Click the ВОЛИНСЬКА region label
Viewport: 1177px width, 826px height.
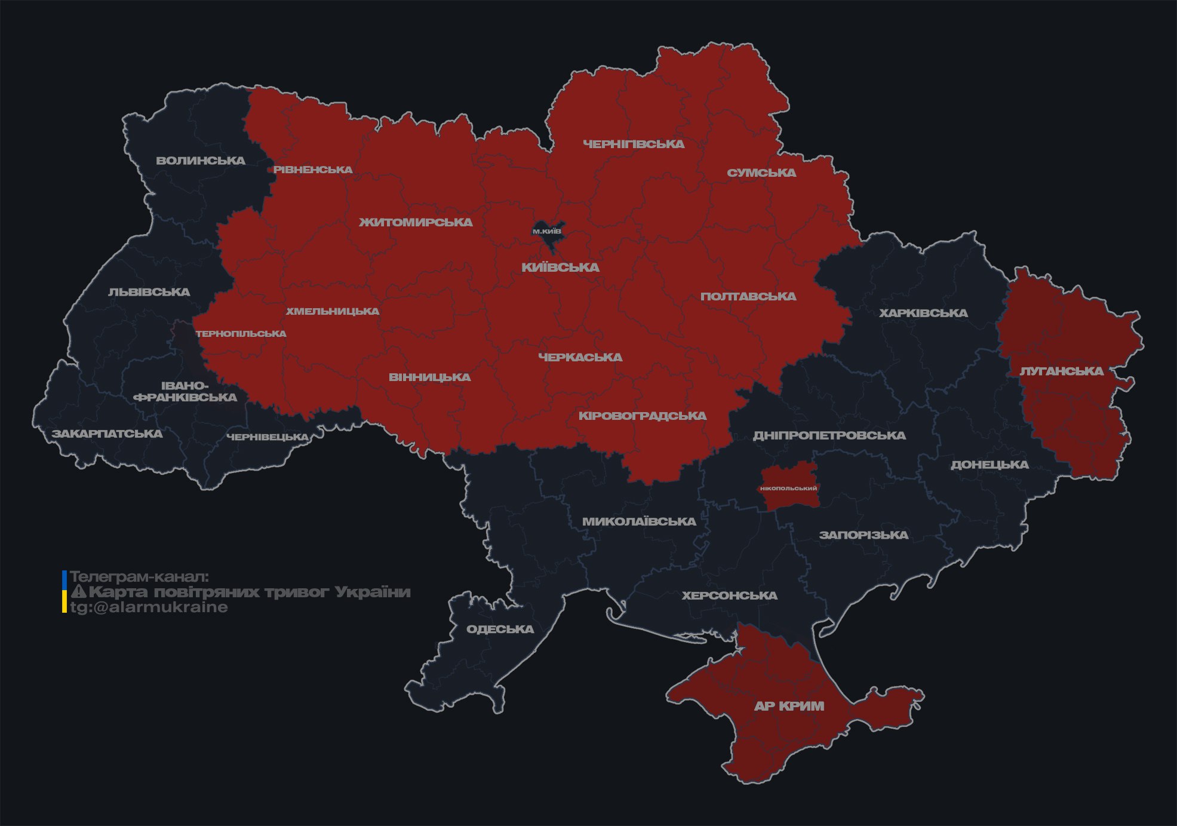click(x=201, y=161)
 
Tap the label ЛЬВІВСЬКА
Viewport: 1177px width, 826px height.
click(x=149, y=292)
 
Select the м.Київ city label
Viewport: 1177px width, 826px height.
click(x=547, y=231)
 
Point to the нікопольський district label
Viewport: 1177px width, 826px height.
click(x=788, y=489)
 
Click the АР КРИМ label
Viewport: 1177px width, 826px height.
click(x=789, y=706)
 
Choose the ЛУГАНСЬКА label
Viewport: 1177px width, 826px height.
click(x=1061, y=371)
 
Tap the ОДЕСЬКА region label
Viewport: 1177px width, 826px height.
click(x=500, y=630)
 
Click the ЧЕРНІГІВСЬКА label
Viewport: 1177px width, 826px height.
click(x=634, y=144)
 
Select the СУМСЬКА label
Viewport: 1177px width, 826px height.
click(x=761, y=173)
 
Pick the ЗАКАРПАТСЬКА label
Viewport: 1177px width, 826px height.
click(x=107, y=434)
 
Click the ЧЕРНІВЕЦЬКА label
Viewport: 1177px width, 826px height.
click(x=268, y=437)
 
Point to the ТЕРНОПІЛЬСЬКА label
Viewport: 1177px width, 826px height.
click(x=241, y=334)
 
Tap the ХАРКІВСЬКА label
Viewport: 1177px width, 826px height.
click(x=923, y=314)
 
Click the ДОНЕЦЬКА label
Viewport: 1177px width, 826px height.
click(x=989, y=465)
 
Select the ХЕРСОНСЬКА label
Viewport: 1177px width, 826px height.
click(x=730, y=596)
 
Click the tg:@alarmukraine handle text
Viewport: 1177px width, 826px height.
click(x=149, y=607)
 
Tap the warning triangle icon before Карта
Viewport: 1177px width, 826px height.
click(x=79, y=592)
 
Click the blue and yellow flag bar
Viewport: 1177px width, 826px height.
click(x=64, y=592)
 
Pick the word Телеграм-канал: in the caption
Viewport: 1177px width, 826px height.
click(x=139, y=577)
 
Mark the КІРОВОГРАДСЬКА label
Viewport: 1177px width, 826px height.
click(x=642, y=416)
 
